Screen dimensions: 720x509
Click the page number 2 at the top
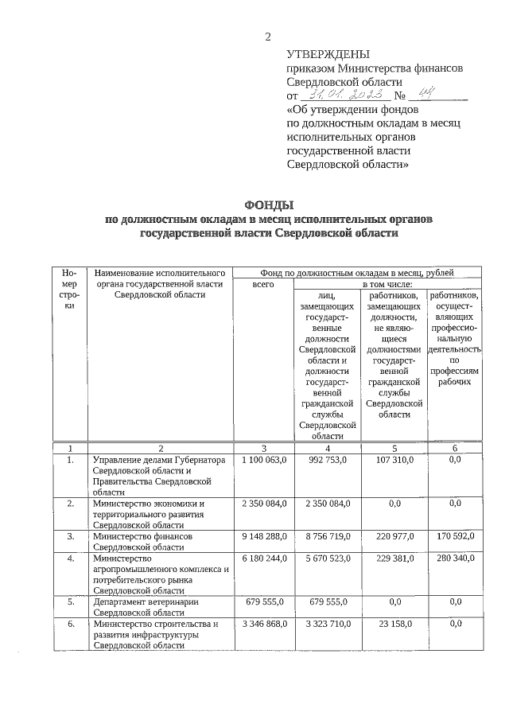268,37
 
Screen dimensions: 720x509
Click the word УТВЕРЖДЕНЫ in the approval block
328,55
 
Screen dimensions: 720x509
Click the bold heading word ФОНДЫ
266,206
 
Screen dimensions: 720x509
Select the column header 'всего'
263,283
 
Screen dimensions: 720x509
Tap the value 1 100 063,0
263,460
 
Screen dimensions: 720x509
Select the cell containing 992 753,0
327,460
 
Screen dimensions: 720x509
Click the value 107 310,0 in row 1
394,460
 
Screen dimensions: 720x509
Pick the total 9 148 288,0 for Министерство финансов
263,536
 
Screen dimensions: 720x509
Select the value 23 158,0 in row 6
394,624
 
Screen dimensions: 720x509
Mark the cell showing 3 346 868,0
263,624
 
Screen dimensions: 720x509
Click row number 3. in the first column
70,536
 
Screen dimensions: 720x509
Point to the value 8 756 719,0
327,536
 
